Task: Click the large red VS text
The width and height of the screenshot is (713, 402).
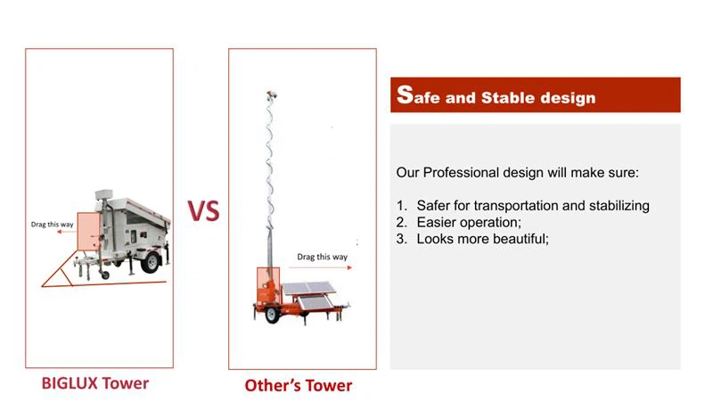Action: [203, 211]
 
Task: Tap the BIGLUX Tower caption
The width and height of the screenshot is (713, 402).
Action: [95, 383]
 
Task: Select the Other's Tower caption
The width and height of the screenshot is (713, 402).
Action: [299, 385]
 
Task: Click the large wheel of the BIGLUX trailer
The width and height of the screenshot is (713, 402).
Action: [150, 261]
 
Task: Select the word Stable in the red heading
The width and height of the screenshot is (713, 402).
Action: [512, 97]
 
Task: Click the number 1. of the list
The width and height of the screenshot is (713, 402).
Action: [402, 206]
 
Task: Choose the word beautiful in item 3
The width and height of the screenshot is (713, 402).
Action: [513, 239]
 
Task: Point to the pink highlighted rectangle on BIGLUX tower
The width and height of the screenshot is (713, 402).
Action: [89, 231]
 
